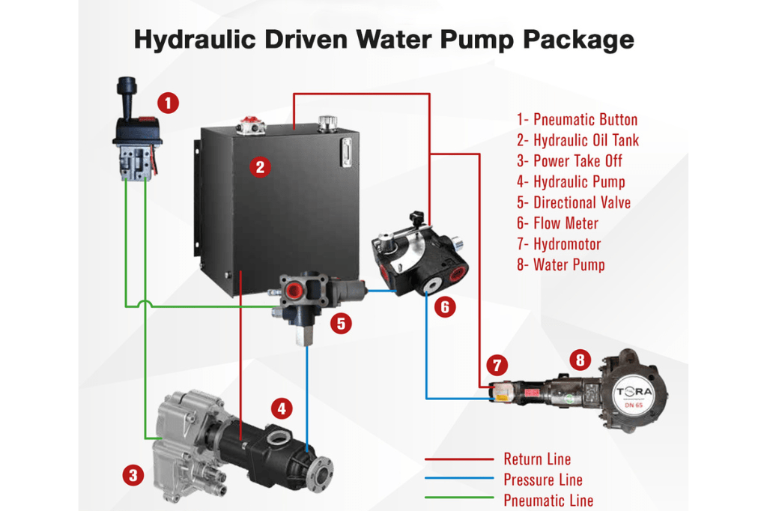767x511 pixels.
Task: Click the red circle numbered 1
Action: [x=170, y=102]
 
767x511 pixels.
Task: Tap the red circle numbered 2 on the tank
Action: [x=259, y=166]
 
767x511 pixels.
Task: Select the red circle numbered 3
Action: [x=133, y=474]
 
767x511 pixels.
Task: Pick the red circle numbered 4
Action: [x=281, y=408]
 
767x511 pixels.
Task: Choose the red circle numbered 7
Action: [x=496, y=366]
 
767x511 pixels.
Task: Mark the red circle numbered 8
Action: [x=579, y=360]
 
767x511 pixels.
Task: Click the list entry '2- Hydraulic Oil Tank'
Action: [x=577, y=140]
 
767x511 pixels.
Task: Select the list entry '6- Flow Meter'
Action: [x=557, y=223]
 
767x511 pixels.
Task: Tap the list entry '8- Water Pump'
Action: [x=560, y=264]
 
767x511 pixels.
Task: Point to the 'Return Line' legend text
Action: [x=537, y=459]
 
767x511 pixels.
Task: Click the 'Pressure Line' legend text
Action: [x=542, y=480]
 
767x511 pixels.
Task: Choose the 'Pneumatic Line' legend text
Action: [x=548, y=501]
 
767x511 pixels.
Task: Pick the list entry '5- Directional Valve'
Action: [x=574, y=202]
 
